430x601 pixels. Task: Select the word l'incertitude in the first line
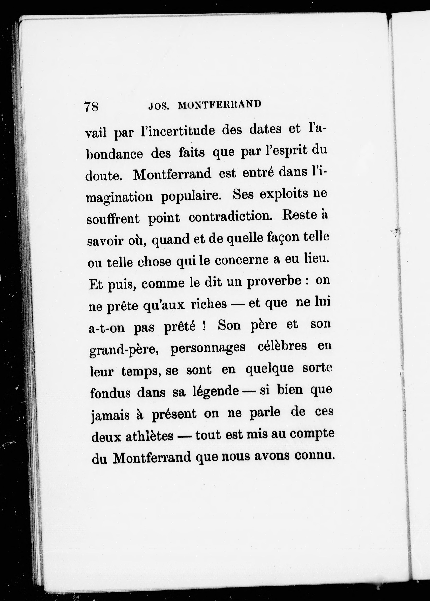[x=178, y=131]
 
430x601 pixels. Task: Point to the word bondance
[x=115, y=154]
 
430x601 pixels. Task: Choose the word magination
[x=120, y=198]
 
